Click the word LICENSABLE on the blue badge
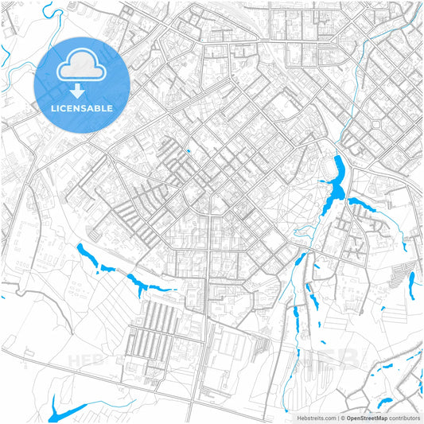(82, 108)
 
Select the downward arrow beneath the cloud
(82, 88)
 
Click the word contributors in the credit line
(403, 417)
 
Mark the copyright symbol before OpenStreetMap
(342, 417)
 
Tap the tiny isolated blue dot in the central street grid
(189, 151)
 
